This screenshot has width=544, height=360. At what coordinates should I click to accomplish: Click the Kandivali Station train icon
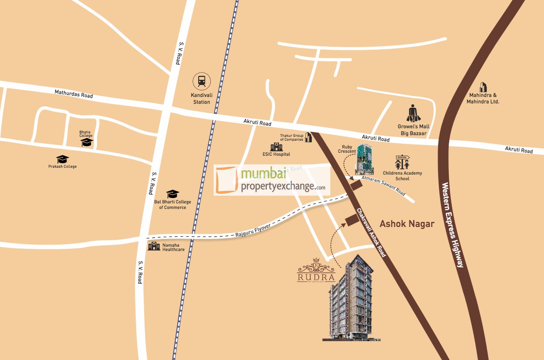pos(202,81)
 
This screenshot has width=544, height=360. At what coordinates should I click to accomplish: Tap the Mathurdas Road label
pos(73,94)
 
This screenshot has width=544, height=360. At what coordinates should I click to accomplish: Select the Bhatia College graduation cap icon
pos(87,142)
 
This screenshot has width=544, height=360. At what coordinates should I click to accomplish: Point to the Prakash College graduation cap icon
pos(62,159)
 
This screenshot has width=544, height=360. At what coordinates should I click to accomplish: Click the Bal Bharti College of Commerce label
pos(172,205)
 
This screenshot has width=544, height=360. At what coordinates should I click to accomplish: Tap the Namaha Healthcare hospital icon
pos(154,246)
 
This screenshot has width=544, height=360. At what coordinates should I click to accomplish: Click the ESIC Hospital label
pos(276,154)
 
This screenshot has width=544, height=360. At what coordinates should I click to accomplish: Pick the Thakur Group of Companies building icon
pos(308,137)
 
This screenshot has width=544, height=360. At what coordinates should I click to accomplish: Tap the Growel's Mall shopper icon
pos(414,113)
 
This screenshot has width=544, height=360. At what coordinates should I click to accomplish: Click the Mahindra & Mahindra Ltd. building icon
pos(483,87)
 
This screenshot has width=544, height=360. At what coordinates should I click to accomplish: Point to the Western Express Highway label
pos(452,225)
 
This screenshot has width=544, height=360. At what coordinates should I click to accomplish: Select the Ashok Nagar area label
pos(407,224)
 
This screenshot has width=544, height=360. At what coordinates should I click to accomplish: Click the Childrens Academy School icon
pos(402,162)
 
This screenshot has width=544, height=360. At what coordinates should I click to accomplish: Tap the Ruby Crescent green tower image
pos(364,159)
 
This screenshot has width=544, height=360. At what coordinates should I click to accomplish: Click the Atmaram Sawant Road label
pos(383,186)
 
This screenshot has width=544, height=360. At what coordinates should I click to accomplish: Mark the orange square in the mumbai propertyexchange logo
pos(226,181)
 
